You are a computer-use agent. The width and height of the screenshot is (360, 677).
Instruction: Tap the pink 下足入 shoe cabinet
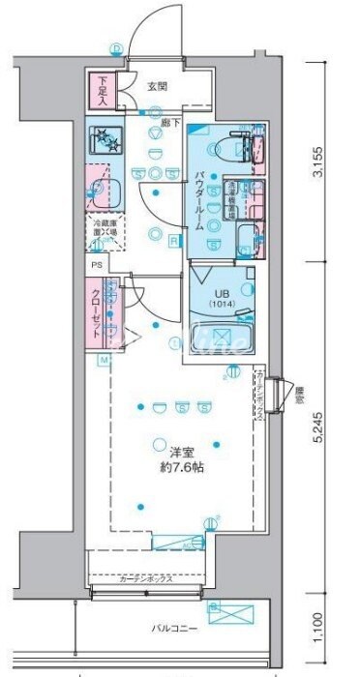[x=104, y=91]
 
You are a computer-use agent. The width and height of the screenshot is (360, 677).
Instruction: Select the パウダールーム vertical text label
[x=198, y=198]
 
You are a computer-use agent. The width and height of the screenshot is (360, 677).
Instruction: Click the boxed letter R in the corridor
[x=174, y=240]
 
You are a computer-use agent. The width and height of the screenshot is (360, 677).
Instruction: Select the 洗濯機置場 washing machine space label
[x=232, y=191]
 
